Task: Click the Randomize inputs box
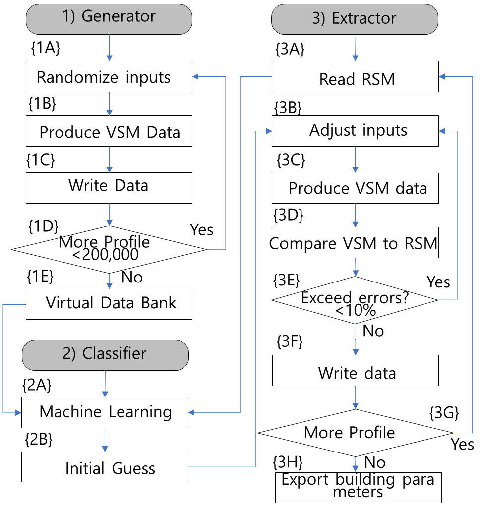[x=109, y=77]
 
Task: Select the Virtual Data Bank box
[x=109, y=304]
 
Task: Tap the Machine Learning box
[x=105, y=412]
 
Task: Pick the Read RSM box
[x=355, y=77]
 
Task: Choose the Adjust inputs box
[x=355, y=131]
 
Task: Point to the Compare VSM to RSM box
[x=355, y=243]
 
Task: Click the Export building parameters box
[x=358, y=487]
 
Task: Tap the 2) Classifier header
[x=105, y=353]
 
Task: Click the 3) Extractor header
[x=355, y=19]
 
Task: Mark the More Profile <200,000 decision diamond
[x=109, y=249]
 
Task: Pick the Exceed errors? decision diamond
[x=355, y=300]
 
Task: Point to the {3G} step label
[x=443, y=412]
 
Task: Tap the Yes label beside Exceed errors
[x=438, y=282]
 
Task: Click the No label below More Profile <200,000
[x=132, y=277]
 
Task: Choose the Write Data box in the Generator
[x=109, y=186]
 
